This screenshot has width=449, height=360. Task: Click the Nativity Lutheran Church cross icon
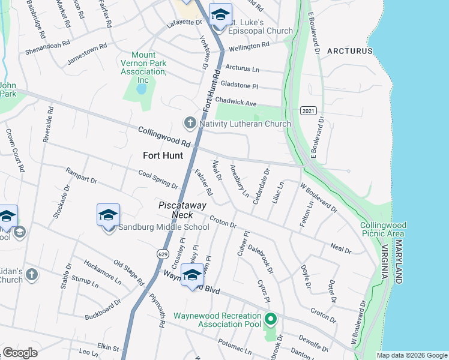(x=190, y=124)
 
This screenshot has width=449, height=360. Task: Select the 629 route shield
(x=161, y=254)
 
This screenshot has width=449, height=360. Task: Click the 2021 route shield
(x=309, y=111)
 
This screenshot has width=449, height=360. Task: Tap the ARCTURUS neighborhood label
(x=350, y=51)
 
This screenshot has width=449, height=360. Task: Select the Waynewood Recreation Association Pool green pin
(x=270, y=319)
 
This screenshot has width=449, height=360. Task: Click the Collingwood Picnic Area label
(x=384, y=229)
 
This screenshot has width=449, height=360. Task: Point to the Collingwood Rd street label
(x=163, y=137)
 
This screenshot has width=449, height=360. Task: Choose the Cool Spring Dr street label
(x=158, y=179)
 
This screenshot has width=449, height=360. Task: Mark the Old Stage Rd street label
(x=129, y=272)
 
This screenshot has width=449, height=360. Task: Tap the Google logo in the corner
(x=20, y=353)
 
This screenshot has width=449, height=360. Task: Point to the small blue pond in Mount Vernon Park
(x=141, y=89)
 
